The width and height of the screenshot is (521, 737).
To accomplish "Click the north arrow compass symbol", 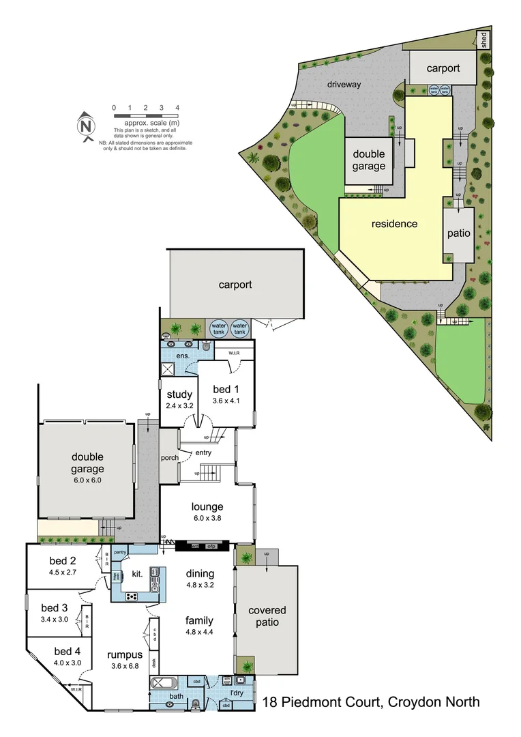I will click(86, 126).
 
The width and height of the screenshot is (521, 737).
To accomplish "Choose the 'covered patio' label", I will click(267, 616).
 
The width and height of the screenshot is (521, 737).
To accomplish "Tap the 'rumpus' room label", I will click(125, 655).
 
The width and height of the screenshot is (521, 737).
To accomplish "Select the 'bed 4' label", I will click(68, 651).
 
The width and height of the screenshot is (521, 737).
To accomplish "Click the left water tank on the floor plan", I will click(218, 328).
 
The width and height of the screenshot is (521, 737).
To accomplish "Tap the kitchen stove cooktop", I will click(132, 596).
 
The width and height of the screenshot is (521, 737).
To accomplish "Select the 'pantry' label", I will click(121, 551).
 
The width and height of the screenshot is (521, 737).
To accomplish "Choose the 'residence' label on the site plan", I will click(393, 223).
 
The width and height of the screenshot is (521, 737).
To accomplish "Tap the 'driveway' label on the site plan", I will click(342, 85).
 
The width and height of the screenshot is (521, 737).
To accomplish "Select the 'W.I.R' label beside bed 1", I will click(233, 353).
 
